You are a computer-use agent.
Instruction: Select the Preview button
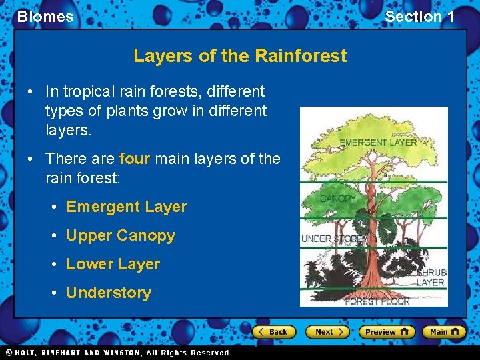(387, 331)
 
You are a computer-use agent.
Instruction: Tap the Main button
(445, 331)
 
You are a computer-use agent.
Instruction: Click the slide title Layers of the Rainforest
(240, 55)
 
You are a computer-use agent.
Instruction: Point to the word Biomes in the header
(45, 17)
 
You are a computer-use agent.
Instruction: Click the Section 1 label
(419, 17)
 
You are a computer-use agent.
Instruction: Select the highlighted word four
(134, 159)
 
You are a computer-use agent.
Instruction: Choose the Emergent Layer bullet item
(126, 207)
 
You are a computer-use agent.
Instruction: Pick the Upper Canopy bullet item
(120, 235)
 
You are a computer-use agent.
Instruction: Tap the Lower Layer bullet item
(113, 264)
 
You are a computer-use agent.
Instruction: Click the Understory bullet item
(109, 293)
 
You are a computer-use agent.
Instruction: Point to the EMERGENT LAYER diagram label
(377, 142)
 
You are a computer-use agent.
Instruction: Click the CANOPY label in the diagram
(338, 199)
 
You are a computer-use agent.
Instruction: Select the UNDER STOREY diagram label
(333, 239)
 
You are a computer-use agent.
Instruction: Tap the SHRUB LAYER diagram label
(431, 277)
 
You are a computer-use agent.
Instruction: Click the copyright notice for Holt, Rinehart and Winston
(117, 353)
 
